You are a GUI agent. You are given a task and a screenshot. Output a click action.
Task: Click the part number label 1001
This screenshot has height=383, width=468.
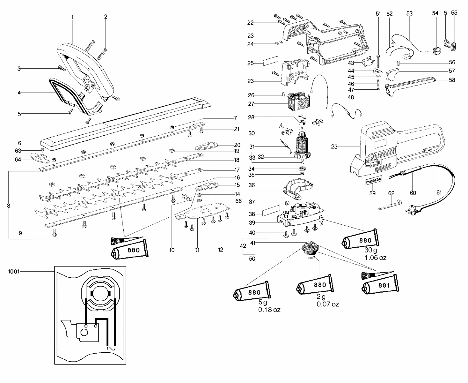click(15, 272)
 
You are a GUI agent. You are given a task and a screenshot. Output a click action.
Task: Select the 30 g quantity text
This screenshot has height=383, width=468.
click(370, 250)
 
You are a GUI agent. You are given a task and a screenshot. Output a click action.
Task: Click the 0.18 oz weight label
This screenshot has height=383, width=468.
click(269, 310)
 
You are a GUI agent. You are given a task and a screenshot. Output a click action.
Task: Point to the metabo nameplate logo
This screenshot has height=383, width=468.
click(372, 182)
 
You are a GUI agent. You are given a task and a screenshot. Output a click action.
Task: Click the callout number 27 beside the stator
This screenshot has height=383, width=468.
click(251, 104)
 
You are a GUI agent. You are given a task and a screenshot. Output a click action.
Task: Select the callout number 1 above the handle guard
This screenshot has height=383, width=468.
click(72, 17)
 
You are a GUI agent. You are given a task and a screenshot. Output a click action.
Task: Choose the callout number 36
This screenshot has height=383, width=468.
click(252, 185)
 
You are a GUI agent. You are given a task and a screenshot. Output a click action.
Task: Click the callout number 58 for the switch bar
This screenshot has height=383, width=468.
click(452, 80)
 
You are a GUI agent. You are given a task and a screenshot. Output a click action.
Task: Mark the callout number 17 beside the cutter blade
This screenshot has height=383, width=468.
click(237, 170)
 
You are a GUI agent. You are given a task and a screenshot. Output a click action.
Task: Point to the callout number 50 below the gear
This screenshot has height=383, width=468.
click(252, 259)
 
